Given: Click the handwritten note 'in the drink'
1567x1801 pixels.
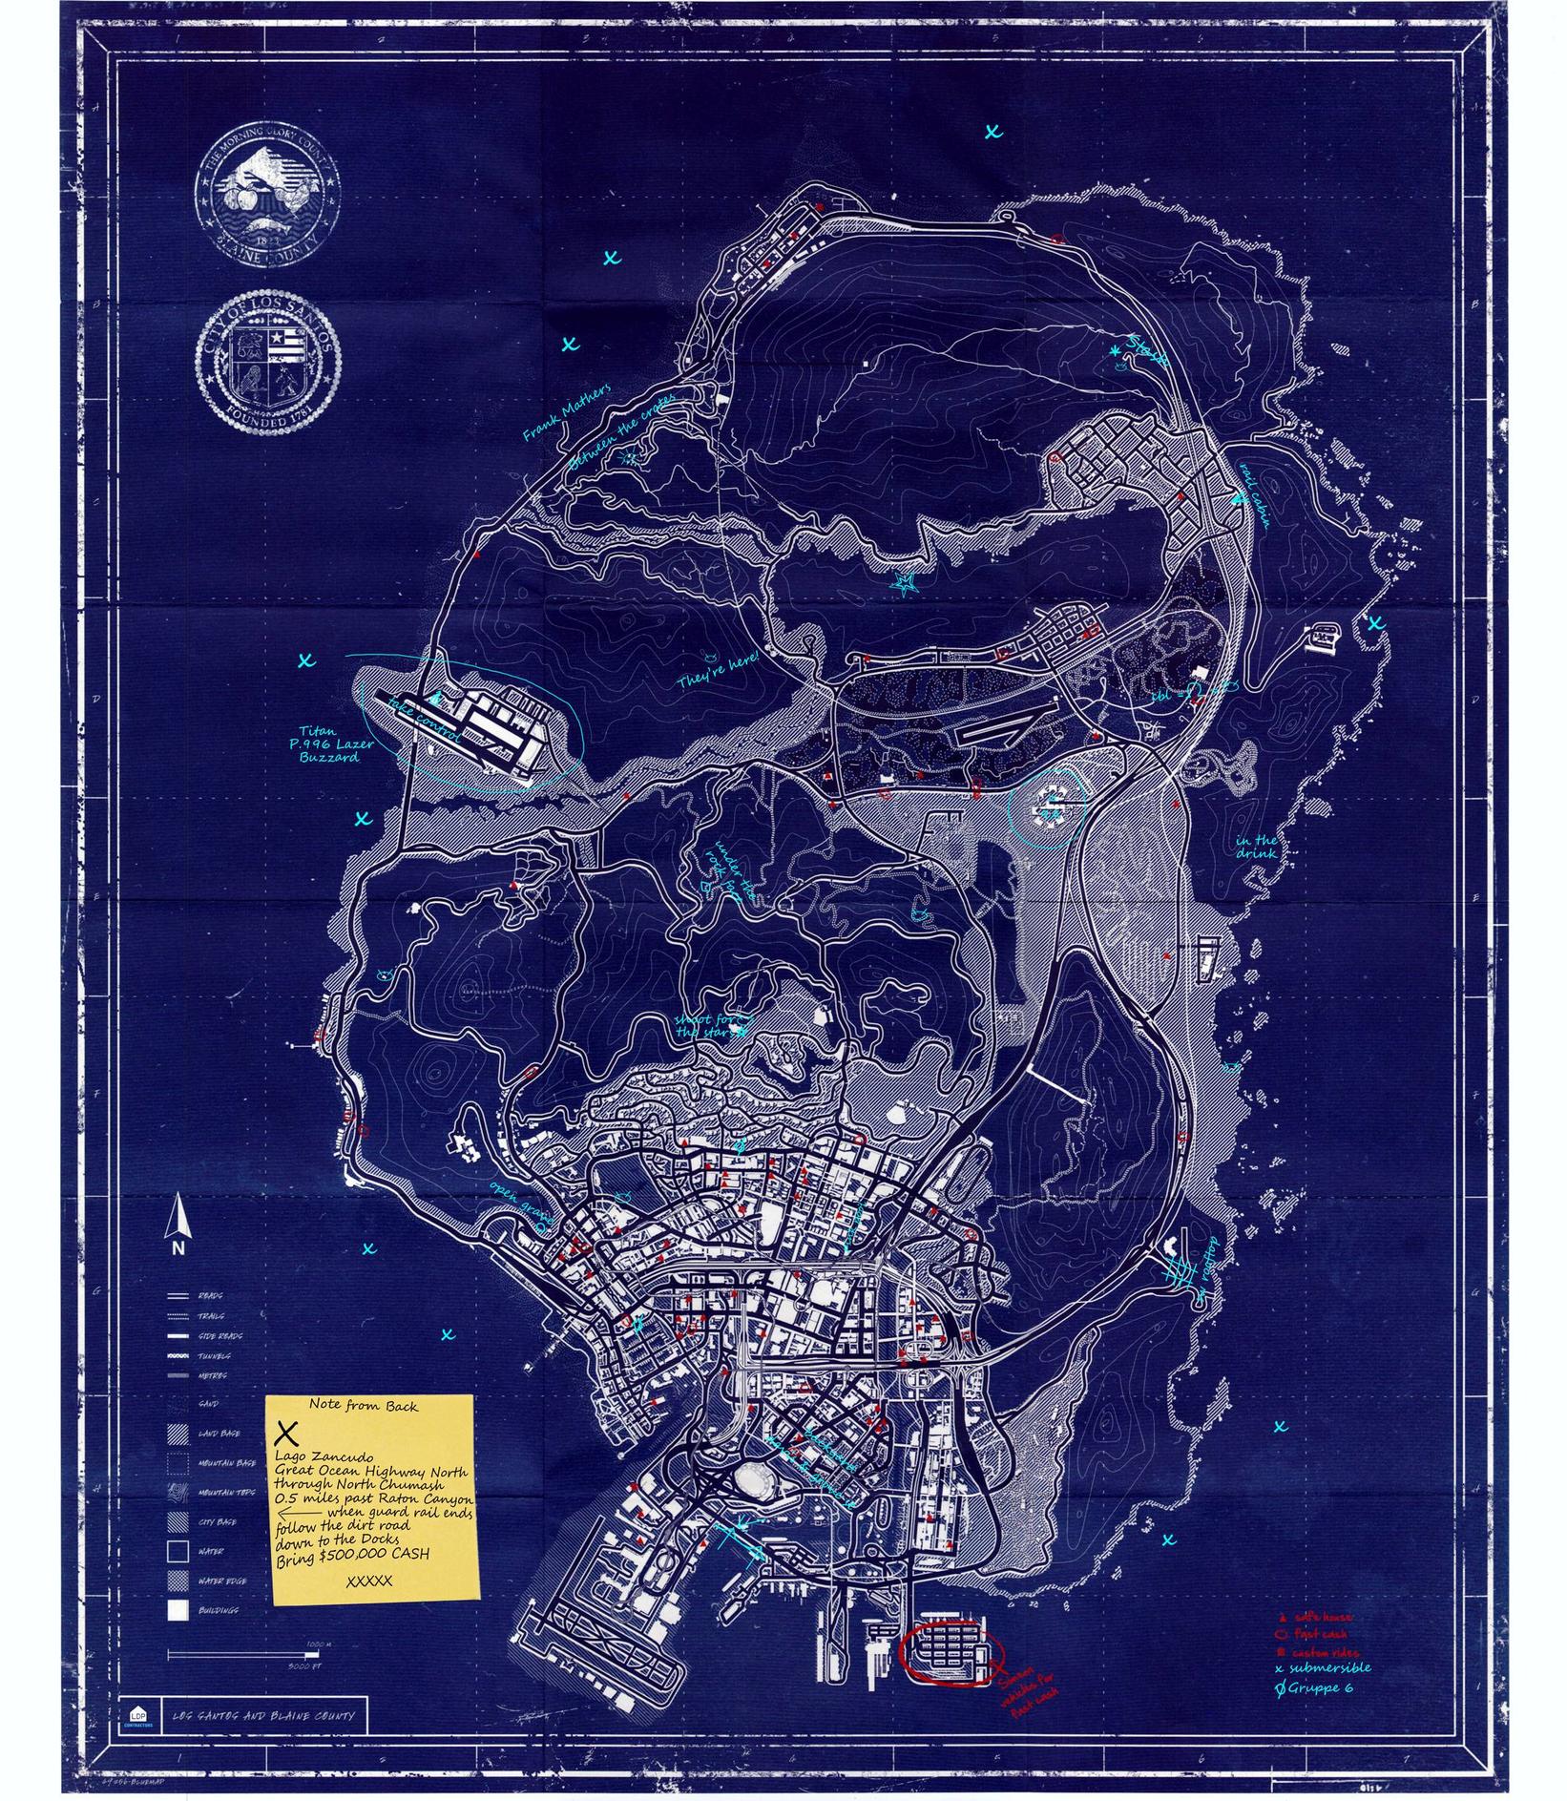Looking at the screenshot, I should click(1255, 847).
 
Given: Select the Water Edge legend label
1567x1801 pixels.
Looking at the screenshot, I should click(222, 1581).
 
